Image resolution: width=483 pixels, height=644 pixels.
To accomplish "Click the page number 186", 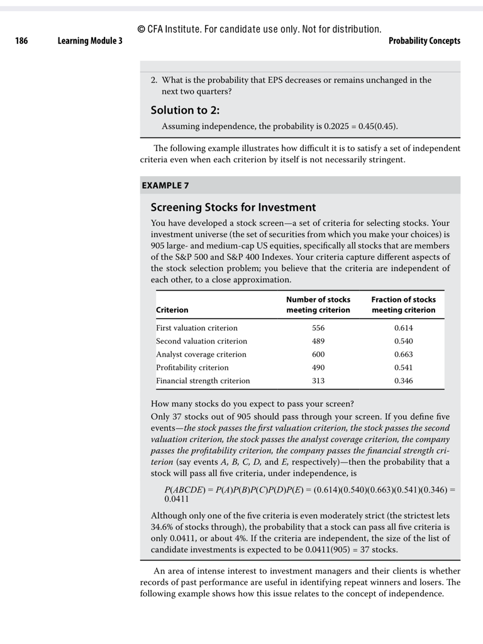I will tap(21, 41).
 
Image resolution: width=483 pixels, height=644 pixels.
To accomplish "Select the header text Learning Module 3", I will tap(90, 41).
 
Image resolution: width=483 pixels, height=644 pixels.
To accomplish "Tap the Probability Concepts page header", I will tap(424, 41).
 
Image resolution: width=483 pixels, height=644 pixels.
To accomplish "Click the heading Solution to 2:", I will tap(185, 110).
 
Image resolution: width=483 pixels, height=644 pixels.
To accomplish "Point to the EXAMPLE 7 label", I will tap(165, 186).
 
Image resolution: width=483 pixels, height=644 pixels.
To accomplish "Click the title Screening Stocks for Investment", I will tap(233, 207).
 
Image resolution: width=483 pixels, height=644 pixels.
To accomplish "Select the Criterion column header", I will tap(172, 310).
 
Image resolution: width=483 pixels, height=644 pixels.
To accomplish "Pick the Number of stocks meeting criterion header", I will tap(318, 304).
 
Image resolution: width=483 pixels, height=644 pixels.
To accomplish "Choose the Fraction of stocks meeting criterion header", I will tap(403, 304).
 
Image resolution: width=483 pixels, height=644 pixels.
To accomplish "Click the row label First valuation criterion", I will tap(197, 328).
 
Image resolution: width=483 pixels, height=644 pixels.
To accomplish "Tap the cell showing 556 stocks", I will tap(318, 328).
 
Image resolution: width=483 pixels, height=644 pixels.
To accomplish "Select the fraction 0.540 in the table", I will tap(403, 341).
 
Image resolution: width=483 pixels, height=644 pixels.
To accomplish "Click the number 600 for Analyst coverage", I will tap(318, 354).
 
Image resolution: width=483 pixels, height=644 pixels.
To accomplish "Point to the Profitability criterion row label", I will tap(192, 367).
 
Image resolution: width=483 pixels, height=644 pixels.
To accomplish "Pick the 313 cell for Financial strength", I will tap(318, 380).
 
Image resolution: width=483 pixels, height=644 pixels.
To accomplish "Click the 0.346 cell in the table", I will tap(403, 380).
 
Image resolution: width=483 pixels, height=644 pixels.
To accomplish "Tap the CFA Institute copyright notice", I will tap(259, 29).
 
